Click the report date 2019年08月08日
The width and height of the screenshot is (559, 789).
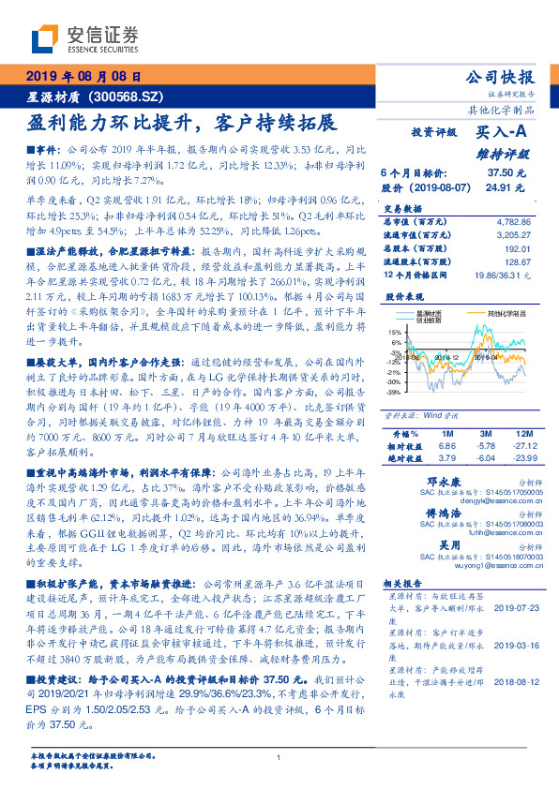point(83,77)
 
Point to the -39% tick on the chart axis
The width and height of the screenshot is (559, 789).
point(393,393)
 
